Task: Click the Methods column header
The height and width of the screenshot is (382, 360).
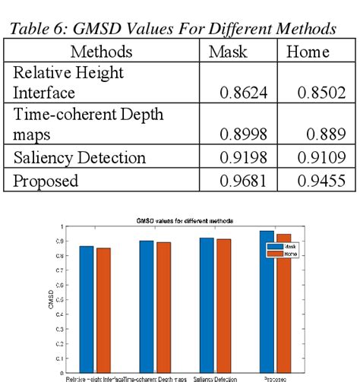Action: click(101, 52)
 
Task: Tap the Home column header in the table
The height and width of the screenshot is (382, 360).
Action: click(308, 52)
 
